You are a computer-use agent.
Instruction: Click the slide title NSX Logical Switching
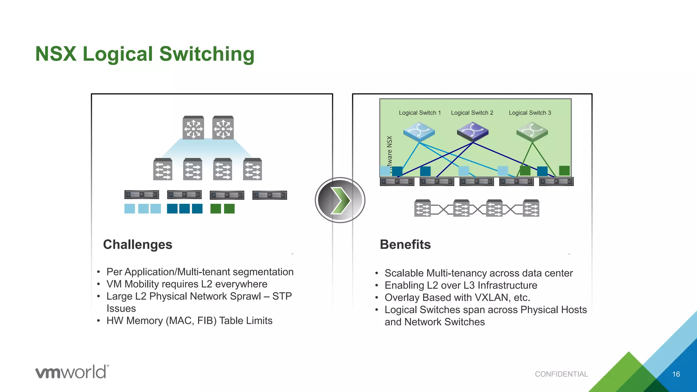(x=145, y=54)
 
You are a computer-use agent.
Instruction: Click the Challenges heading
(x=137, y=244)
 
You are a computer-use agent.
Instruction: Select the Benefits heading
(x=405, y=244)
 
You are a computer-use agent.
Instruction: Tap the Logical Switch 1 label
(x=420, y=113)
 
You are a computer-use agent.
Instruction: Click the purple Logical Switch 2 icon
(x=472, y=132)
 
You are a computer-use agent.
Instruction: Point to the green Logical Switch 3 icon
(x=532, y=132)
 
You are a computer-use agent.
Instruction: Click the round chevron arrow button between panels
(x=340, y=200)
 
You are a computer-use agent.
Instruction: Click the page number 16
(x=676, y=374)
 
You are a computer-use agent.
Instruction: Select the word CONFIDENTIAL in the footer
(x=561, y=374)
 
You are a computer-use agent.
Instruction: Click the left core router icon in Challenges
(x=193, y=128)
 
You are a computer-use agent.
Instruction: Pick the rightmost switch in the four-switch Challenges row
(x=253, y=169)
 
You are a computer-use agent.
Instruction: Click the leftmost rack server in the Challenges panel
(x=142, y=195)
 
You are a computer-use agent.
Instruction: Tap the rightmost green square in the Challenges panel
(x=229, y=209)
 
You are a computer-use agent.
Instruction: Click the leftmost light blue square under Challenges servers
(x=130, y=209)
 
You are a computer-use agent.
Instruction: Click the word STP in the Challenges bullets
(x=282, y=296)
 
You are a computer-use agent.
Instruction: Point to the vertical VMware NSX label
(x=390, y=153)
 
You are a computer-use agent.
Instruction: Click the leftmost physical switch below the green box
(x=422, y=208)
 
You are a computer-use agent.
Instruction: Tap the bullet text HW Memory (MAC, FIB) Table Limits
(x=189, y=321)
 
